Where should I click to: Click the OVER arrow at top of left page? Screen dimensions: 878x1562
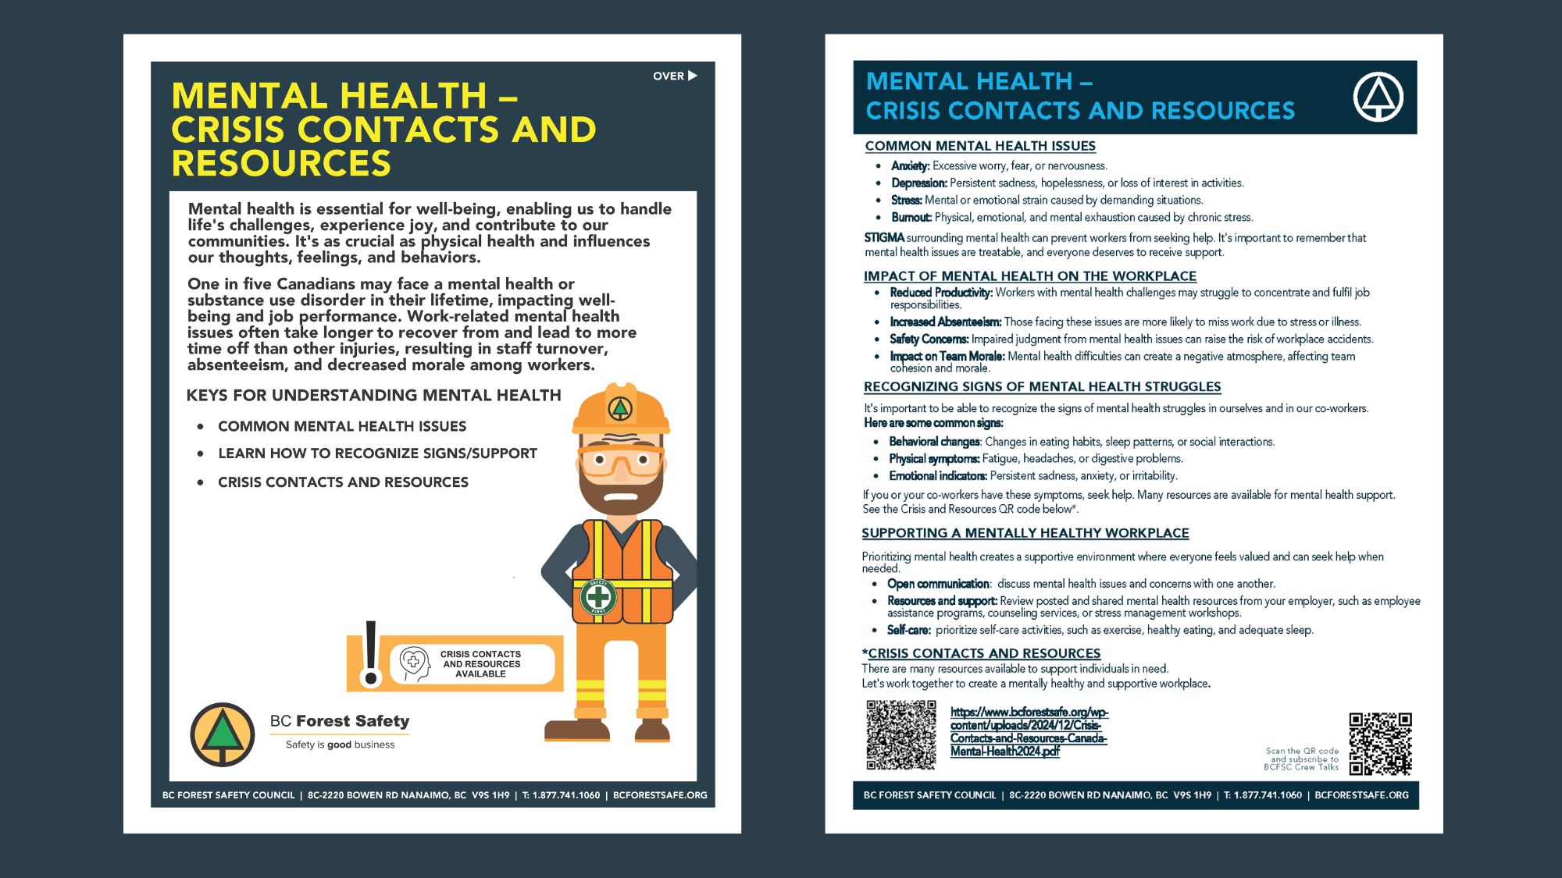click(x=676, y=76)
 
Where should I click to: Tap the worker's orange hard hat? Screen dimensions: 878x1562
click(x=621, y=410)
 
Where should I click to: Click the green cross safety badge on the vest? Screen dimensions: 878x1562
click(x=598, y=598)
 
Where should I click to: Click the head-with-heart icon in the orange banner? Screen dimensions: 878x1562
click(x=414, y=663)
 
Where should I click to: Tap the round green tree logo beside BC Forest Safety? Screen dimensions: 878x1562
click(x=223, y=734)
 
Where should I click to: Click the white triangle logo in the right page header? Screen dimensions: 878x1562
click(x=1378, y=97)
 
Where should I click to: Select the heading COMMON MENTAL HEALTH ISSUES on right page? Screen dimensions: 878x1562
click(x=980, y=146)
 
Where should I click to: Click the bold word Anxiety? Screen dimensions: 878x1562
click(x=910, y=165)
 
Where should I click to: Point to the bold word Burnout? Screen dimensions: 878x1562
click(x=911, y=217)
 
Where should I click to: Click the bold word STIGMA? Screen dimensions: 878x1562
click(x=884, y=237)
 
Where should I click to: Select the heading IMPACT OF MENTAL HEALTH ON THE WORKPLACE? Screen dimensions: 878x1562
click(x=1029, y=275)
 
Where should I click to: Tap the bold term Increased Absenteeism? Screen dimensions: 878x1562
click(x=945, y=322)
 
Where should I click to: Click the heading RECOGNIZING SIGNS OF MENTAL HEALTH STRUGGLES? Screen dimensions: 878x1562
click(x=1042, y=386)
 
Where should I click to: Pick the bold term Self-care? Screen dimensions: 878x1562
click(x=908, y=630)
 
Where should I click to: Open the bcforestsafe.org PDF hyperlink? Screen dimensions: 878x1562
click(x=1029, y=731)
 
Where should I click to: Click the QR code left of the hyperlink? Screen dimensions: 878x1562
click(x=900, y=734)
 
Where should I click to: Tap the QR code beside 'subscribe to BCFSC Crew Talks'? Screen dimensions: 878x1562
click(x=1380, y=743)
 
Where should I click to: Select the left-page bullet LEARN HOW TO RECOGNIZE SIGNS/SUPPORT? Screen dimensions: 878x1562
click(x=377, y=453)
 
